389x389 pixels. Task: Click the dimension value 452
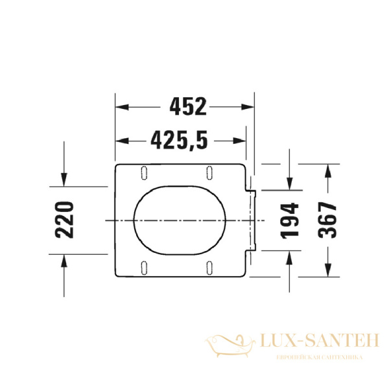click(x=187, y=106)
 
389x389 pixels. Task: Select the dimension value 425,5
click(x=179, y=139)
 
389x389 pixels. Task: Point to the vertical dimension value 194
click(x=290, y=220)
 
